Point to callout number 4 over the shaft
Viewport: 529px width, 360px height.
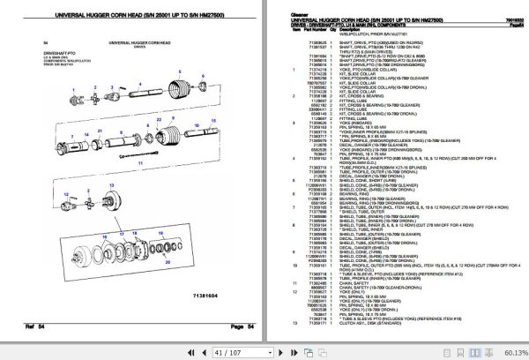click(139, 84)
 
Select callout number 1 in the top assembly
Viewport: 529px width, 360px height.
click(73, 91)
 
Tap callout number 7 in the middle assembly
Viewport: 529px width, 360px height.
click(72, 136)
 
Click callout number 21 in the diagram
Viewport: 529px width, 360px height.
click(100, 131)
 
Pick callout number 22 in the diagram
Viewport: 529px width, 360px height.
click(160, 120)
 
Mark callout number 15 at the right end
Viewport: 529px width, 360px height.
click(213, 120)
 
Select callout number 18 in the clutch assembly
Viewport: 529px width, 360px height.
click(135, 234)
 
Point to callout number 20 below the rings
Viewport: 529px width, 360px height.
click(168, 261)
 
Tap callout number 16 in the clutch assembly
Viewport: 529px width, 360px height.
click(105, 237)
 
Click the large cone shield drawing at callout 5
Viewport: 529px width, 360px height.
click(178, 91)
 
